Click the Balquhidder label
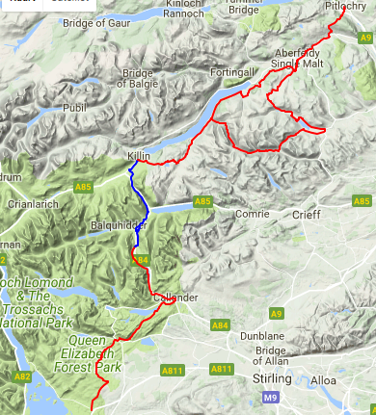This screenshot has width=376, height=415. [x=119, y=224]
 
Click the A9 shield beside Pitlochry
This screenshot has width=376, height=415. [x=365, y=36]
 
